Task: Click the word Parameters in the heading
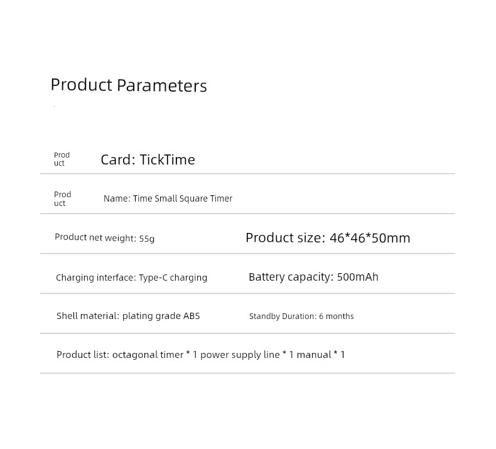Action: point(161,85)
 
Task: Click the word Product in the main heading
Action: point(81,85)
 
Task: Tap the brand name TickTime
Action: point(168,160)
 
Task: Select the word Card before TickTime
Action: point(116,160)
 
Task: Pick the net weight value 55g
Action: point(147,238)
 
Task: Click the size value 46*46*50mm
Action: point(370,238)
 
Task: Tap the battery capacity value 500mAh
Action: point(358,277)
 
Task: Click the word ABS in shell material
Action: point(191,316)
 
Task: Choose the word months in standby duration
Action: point(340,316)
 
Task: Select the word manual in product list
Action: point(314,355)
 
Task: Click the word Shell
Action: point(67,316)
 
